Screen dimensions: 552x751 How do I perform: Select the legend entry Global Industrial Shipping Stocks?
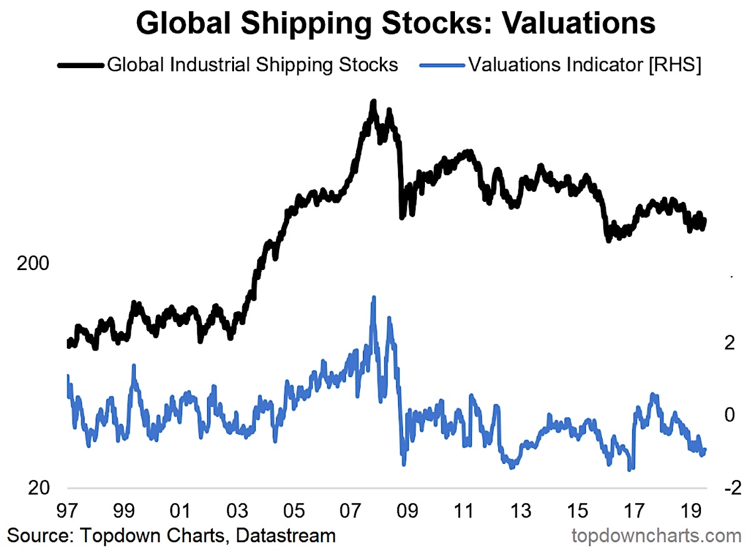pyautogui.click(x=253, y=64)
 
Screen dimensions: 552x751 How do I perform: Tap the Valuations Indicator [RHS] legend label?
pyautogui.click(x=585, y=64)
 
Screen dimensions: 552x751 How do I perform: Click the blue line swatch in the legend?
pyautogui.click(x=441, y=65)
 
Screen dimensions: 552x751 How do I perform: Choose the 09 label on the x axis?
pyautogui.click(x=407, y=509)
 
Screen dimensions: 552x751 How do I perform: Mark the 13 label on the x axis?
pyautogui.click(x=519, y=509)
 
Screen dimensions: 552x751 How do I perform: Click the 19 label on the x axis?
pyautogui.click(x=689, y=509)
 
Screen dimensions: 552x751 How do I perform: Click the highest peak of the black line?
pyautogui.click(x=374, y=102)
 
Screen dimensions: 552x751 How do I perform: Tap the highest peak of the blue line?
pyautogui.click(x=374, y=298)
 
